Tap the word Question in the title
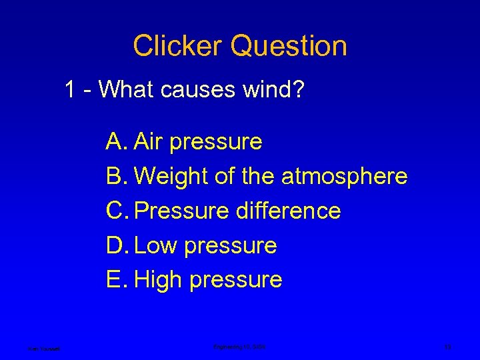tap(289, 46)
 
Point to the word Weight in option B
tap(171, 177)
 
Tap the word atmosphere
tap(344, 177)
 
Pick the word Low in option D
tap(156, 245)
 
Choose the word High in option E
tap(159, 280)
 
